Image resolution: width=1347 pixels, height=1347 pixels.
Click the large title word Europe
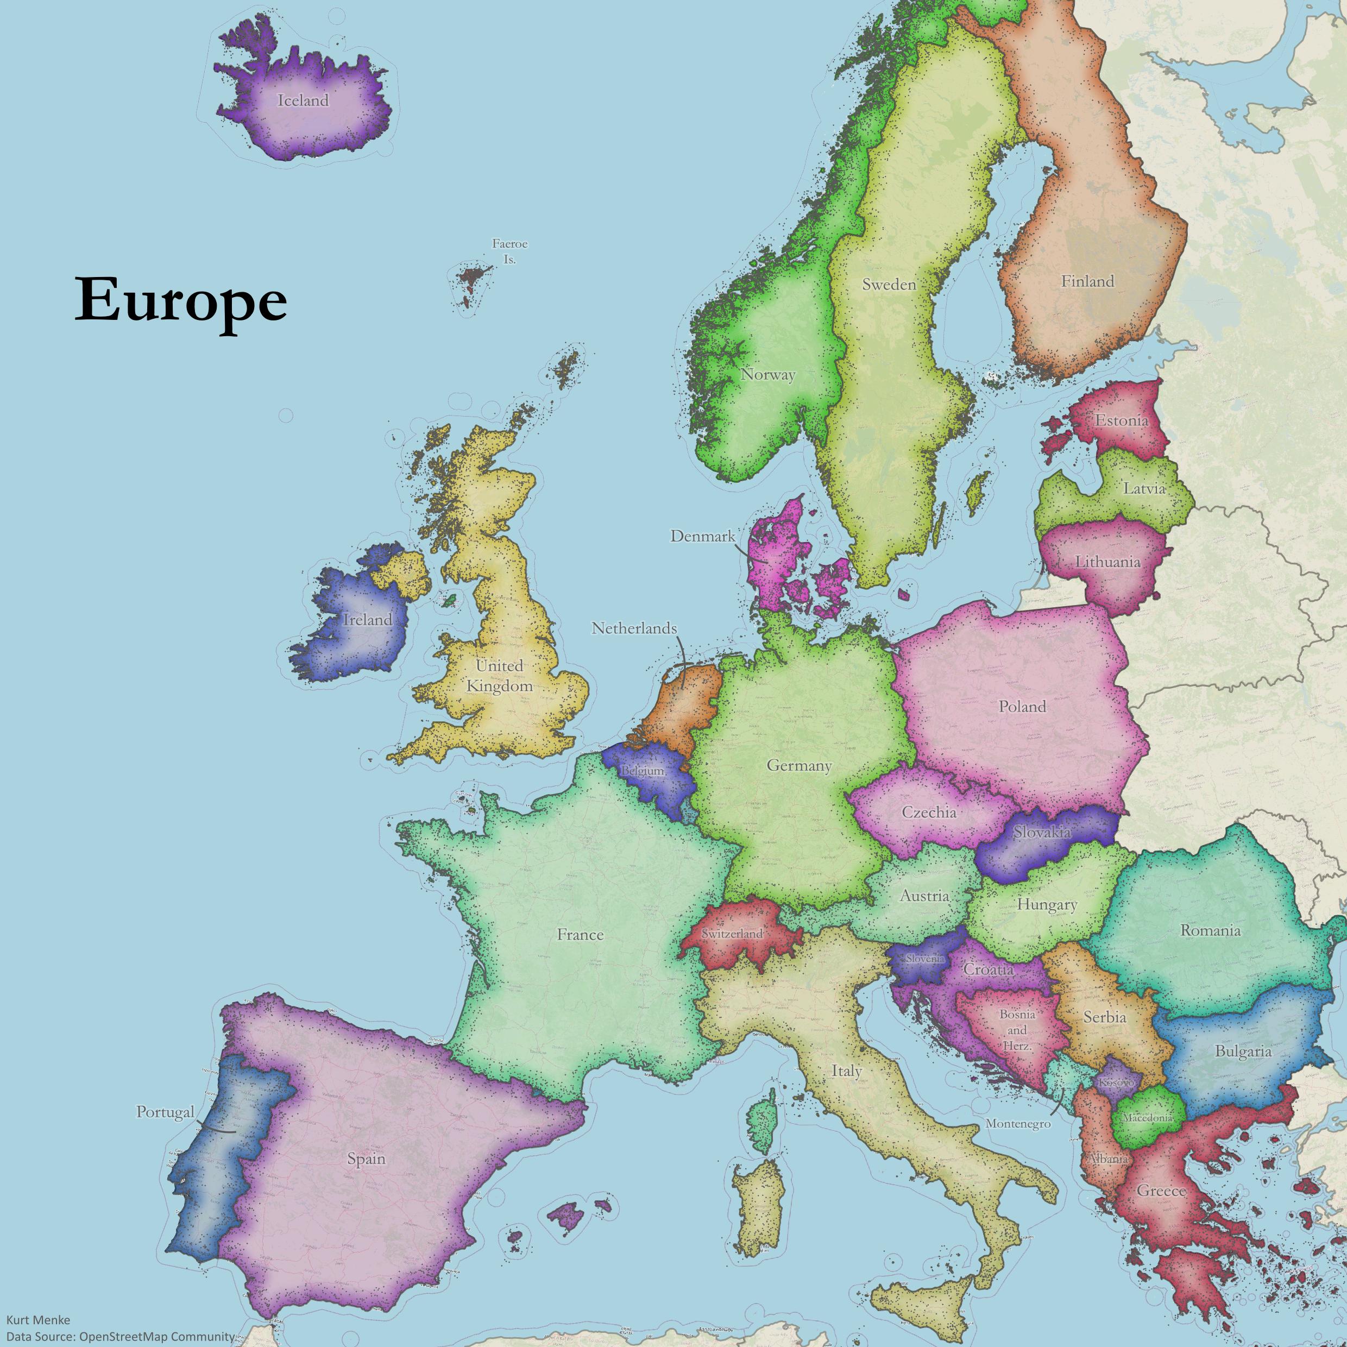pos(180,300)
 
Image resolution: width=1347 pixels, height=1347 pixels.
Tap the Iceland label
pos(303,100)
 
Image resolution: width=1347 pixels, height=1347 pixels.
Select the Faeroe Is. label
pos(509,251)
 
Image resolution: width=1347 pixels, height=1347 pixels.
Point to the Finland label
pos(1087,282)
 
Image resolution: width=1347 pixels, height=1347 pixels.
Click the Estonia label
pos(1121,420)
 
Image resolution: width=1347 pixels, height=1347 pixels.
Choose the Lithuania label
pos(1107,562)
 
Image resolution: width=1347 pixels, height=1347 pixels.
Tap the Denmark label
pos(703,536)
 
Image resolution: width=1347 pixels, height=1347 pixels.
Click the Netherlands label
pos(634,628)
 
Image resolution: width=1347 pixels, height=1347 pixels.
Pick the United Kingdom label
pos(499,676)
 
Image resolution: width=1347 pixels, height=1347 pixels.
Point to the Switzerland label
pos(732,934)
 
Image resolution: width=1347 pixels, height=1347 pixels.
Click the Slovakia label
pos(1042,832)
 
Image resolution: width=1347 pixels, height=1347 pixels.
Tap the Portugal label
pos(165,1112)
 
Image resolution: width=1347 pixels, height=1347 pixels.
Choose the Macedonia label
pos(1147,1118)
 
